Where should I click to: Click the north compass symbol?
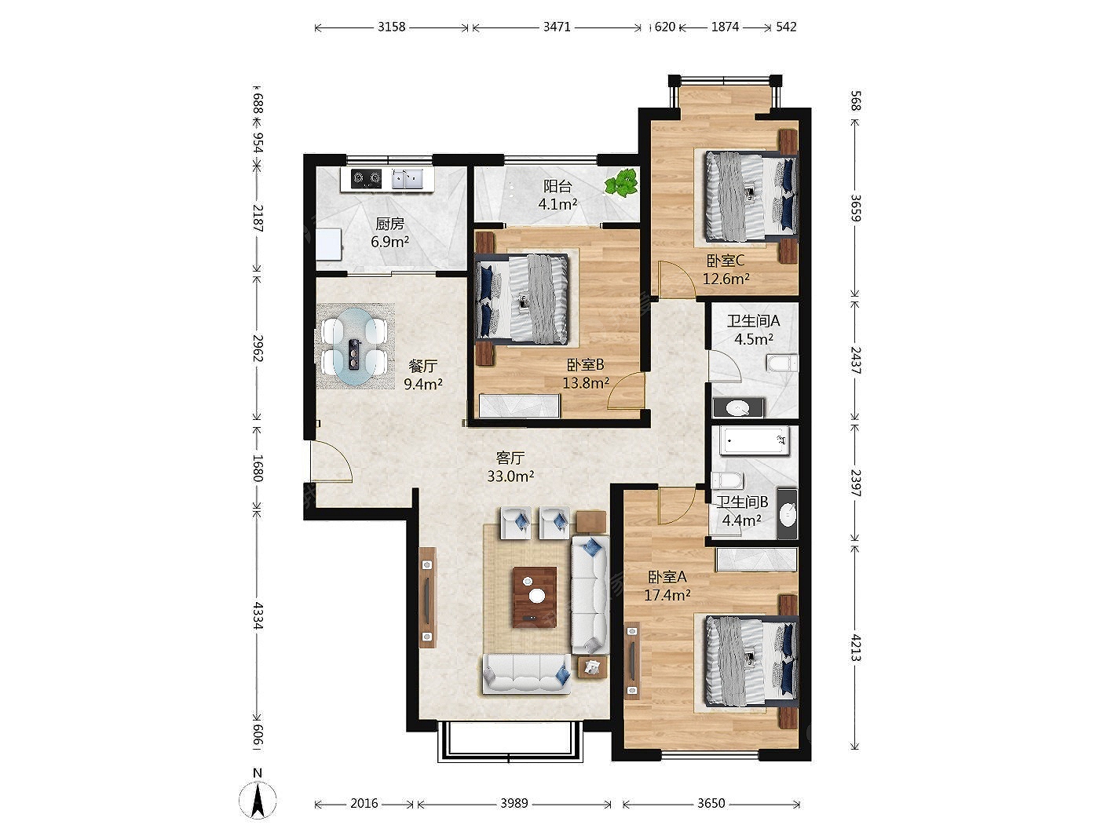258,798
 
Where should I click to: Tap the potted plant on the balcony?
621,183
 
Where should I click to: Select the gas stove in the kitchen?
366,178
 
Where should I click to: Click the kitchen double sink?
408,179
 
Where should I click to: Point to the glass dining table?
355,347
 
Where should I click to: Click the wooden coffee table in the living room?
535,597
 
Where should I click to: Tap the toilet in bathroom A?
782,363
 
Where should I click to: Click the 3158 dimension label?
391,27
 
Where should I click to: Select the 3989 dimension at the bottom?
514,804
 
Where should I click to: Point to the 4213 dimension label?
856,647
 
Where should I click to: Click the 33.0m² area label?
510,476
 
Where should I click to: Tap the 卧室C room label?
726,261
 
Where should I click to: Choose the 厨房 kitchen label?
389,224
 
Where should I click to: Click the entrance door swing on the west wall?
331,462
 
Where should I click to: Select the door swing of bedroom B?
627,390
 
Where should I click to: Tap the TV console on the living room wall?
428,597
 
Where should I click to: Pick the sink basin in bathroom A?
738,407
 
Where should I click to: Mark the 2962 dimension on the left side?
258,349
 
